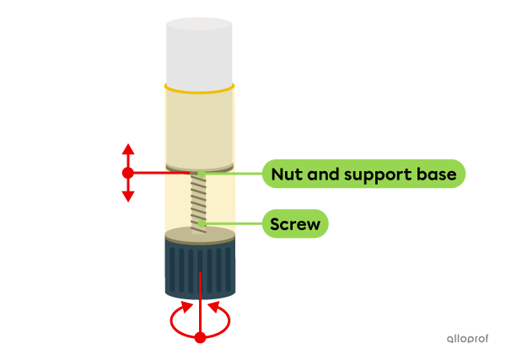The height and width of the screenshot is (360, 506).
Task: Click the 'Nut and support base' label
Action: click(363, 174)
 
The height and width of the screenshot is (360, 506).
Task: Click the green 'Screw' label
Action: click(294, 224)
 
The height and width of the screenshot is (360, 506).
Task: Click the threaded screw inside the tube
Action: click(200, 201)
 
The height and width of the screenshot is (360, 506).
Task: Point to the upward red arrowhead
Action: click(127, 149)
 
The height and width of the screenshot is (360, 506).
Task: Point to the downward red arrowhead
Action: click(127, 196)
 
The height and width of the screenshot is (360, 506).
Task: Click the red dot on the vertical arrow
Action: click(127, 173)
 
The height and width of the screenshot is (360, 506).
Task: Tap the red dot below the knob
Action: click(200, 338)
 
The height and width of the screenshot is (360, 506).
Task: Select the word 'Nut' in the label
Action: click(285, 174)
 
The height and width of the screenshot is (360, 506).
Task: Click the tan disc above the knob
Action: click(200, 235)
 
